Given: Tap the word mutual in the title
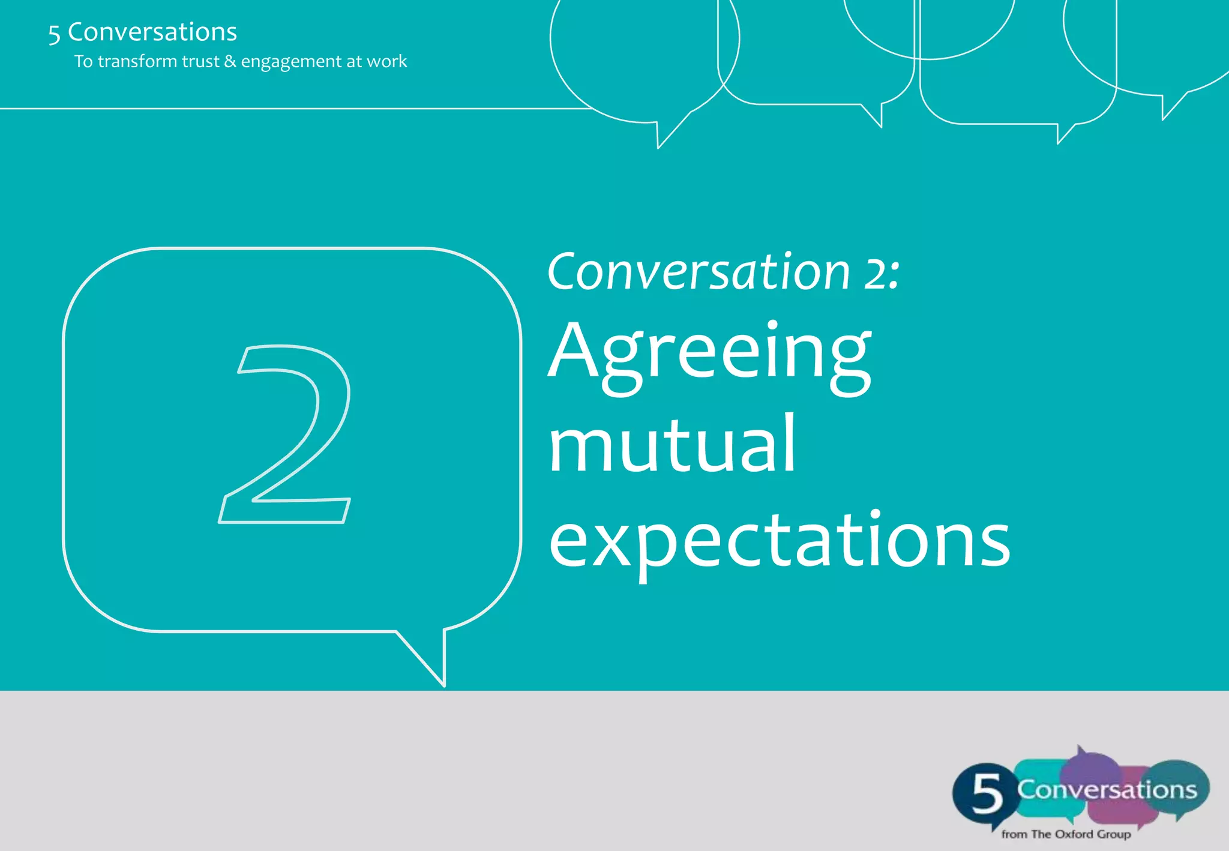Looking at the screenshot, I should [x=672, y=446].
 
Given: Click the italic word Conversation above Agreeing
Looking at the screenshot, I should [x=699, y=272].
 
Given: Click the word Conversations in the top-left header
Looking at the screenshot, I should [x=152, y=32].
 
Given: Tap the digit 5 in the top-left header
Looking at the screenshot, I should [x=54, y=34].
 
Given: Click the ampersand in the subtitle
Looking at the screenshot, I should [x=230, y=61].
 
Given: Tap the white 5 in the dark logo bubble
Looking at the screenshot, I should [x=987, y=793].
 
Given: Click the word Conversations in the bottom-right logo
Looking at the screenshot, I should [x=1107, y=790].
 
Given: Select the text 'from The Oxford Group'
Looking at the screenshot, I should [x=1066, y=834].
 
